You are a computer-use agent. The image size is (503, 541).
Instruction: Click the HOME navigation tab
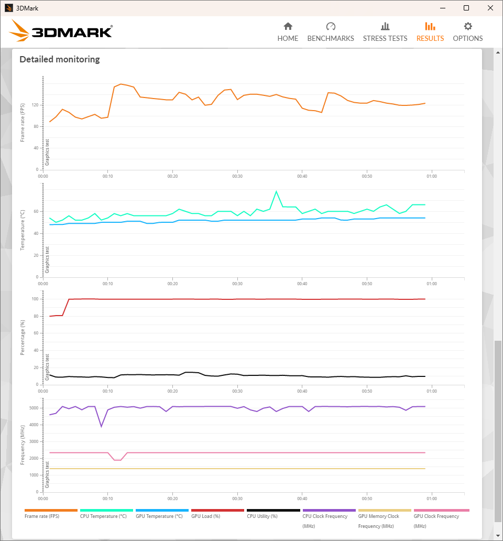click(x=288, y=32)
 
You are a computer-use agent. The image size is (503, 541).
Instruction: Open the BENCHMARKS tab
click(x=331, y=32)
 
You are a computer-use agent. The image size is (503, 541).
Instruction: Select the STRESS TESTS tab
click(x=385, y=32)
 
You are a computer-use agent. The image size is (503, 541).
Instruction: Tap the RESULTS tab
click(x=430, y=32)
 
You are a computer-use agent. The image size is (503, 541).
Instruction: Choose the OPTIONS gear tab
click(x=468, y=32)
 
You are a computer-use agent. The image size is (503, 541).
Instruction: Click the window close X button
click(x=490, y=8)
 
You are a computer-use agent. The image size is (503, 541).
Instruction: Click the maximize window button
click(x=466, y=8)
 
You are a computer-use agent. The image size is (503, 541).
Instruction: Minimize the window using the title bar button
click(x=442, y=8)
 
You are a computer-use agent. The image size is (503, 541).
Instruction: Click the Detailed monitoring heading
click(x=60, y=59)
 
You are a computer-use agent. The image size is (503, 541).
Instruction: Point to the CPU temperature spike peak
click(x=276, y=191)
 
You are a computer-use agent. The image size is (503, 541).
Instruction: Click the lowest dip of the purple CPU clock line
click(x=101, y=426)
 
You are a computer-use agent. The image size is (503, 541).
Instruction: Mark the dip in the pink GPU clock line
click(x=117, y=460)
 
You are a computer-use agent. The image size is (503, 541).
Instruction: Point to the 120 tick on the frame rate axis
click(x=36, y=105)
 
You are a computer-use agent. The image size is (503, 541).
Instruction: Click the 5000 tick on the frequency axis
click(x=34, y=408)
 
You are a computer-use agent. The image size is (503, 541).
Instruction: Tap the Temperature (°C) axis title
click(x=23, y=230)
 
